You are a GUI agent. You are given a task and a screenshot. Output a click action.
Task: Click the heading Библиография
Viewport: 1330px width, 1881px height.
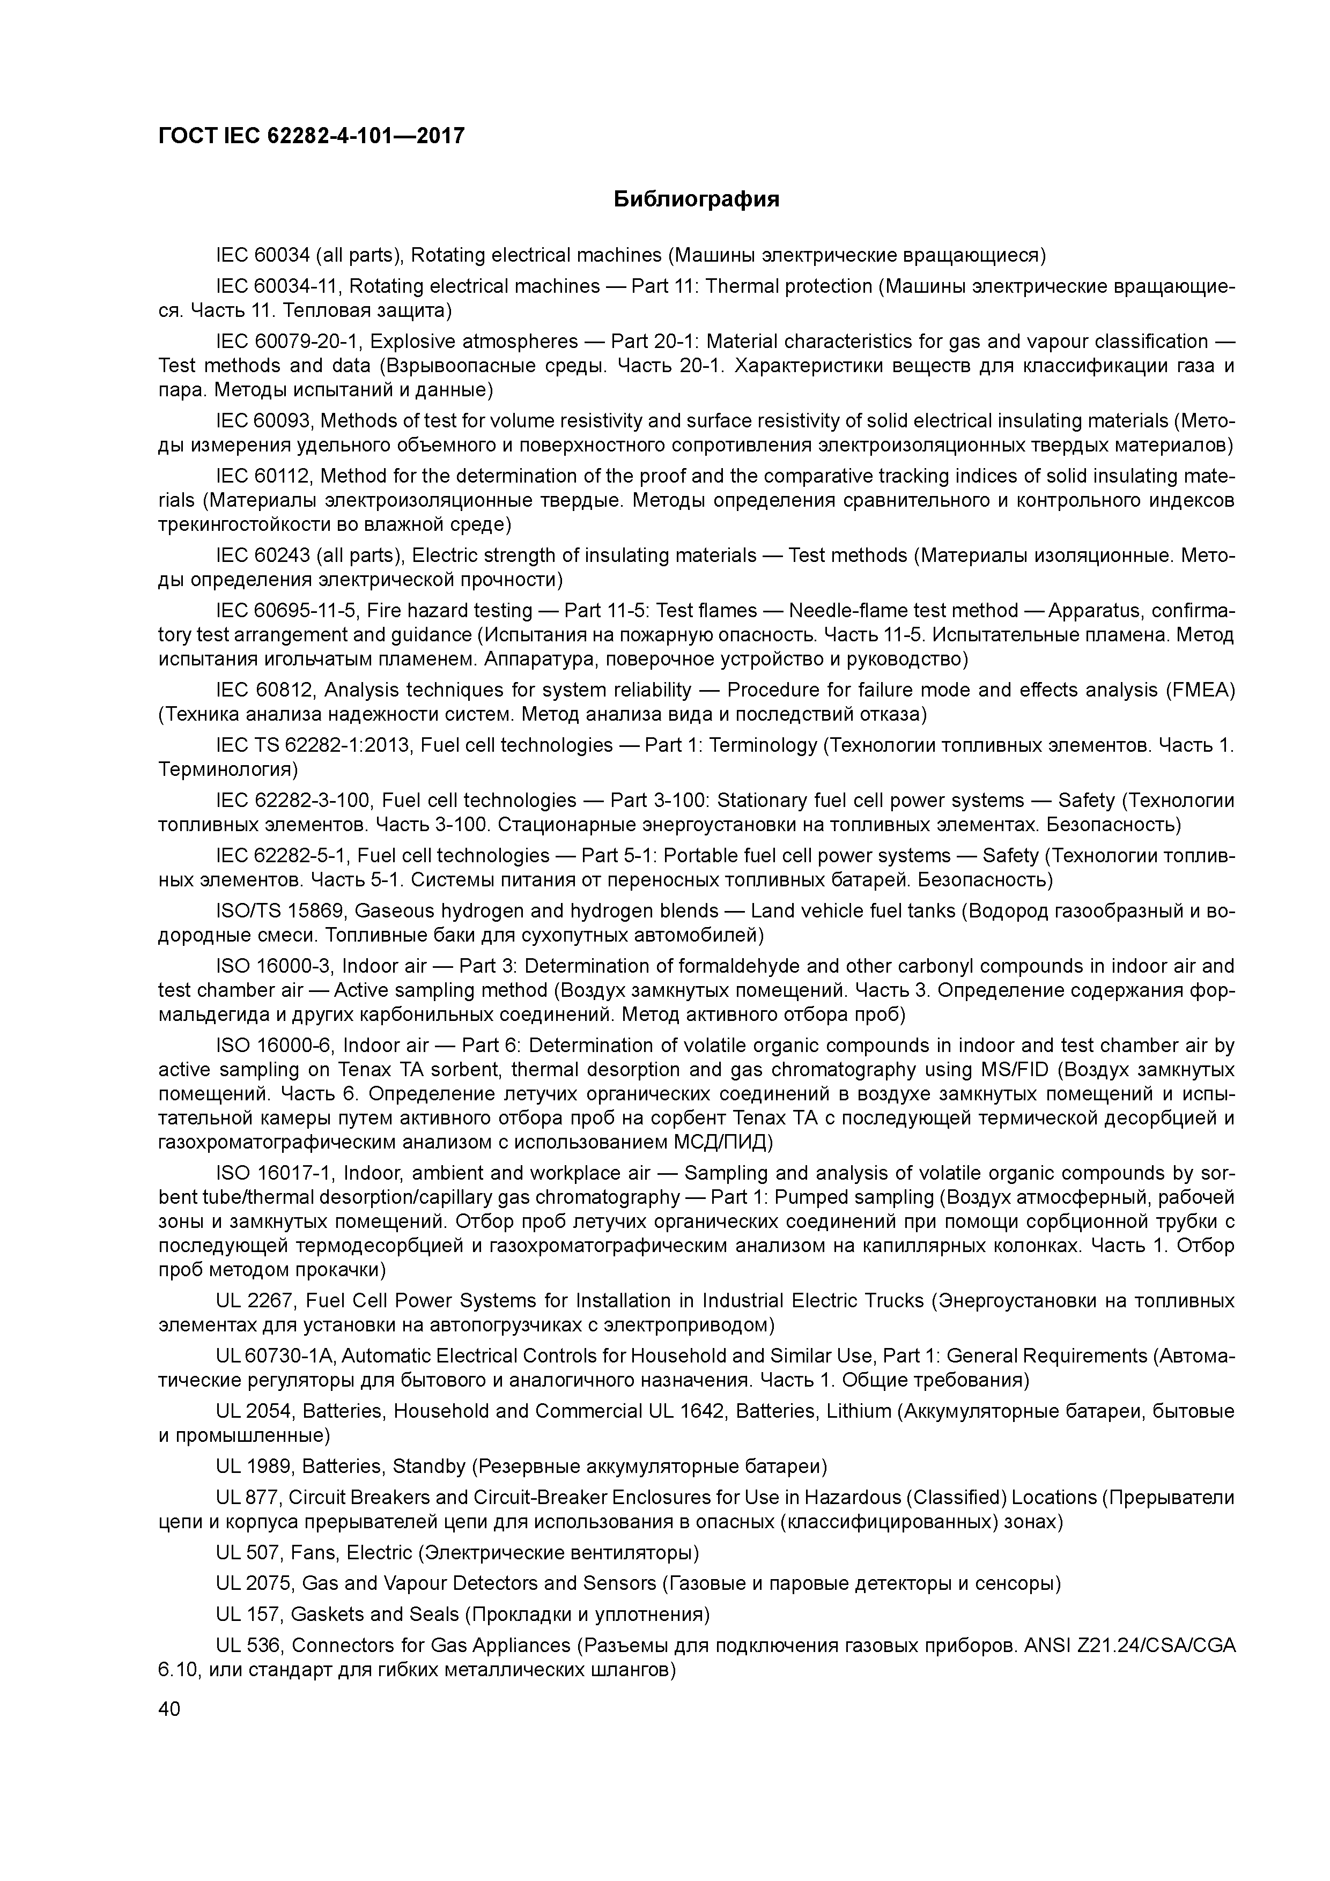pyautogui.click(x=697, y=199)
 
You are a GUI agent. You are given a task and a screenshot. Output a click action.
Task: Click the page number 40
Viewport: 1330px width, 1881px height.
pyautogui.click(x=169, y=1708)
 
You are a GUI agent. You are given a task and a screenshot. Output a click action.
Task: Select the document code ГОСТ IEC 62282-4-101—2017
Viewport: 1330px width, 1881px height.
pyautogui.click(x=312, y=135)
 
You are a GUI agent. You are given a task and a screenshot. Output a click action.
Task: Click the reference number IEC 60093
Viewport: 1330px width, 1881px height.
pyautogui.click(x=264, y=421)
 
